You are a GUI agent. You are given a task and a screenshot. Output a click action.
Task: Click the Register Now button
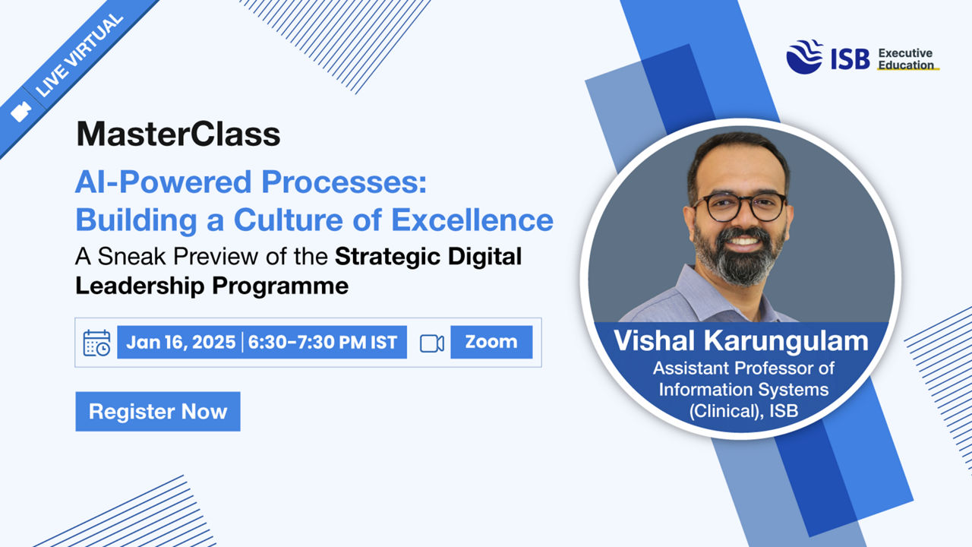pyautogui.click(x=158, y=412)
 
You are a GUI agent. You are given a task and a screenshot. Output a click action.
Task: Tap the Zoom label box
pyautogui.click(x=491, y=342)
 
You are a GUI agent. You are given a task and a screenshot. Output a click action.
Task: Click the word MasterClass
pyautogui.click(x=178, y=134)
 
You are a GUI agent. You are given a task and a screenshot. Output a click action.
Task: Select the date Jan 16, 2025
pyautogui.click(x=181, y=342)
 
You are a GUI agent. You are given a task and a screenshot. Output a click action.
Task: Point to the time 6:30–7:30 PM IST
pyautogui.click(x=323, y=342)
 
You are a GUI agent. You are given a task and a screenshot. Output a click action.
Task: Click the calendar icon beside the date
pyautogui.click(x=96, y=343)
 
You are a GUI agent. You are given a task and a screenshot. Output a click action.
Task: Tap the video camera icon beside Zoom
pyautogui.click(x=432, y=343)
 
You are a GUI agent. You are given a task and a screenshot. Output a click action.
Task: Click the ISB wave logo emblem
pyautogui.click(x=804, y=57)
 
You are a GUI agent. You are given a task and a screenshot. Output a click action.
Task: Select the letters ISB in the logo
pyautogui.click(x=850, y=59)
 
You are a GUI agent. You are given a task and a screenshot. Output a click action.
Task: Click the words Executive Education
pyautogui.click(x=906, y=59)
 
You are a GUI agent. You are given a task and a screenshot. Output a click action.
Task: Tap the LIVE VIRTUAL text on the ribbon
pyautogui.click(x=78, y=55)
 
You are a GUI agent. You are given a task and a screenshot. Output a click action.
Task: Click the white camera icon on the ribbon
pyautogui.click(x=21, y=112)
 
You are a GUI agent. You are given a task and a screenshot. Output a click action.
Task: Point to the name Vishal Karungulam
pyautogui.click(x=740, y=341)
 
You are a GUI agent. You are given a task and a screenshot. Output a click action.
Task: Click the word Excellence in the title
pyautogui.click(x=472, y=220)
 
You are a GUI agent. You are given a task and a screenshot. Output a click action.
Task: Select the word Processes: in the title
pyautogui.click(x=344, y=182)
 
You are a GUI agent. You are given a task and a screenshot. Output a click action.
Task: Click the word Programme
pyautogui.click(x=280, y=286)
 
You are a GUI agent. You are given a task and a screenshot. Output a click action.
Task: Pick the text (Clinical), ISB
pyautogui.click(x=743, y=411)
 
